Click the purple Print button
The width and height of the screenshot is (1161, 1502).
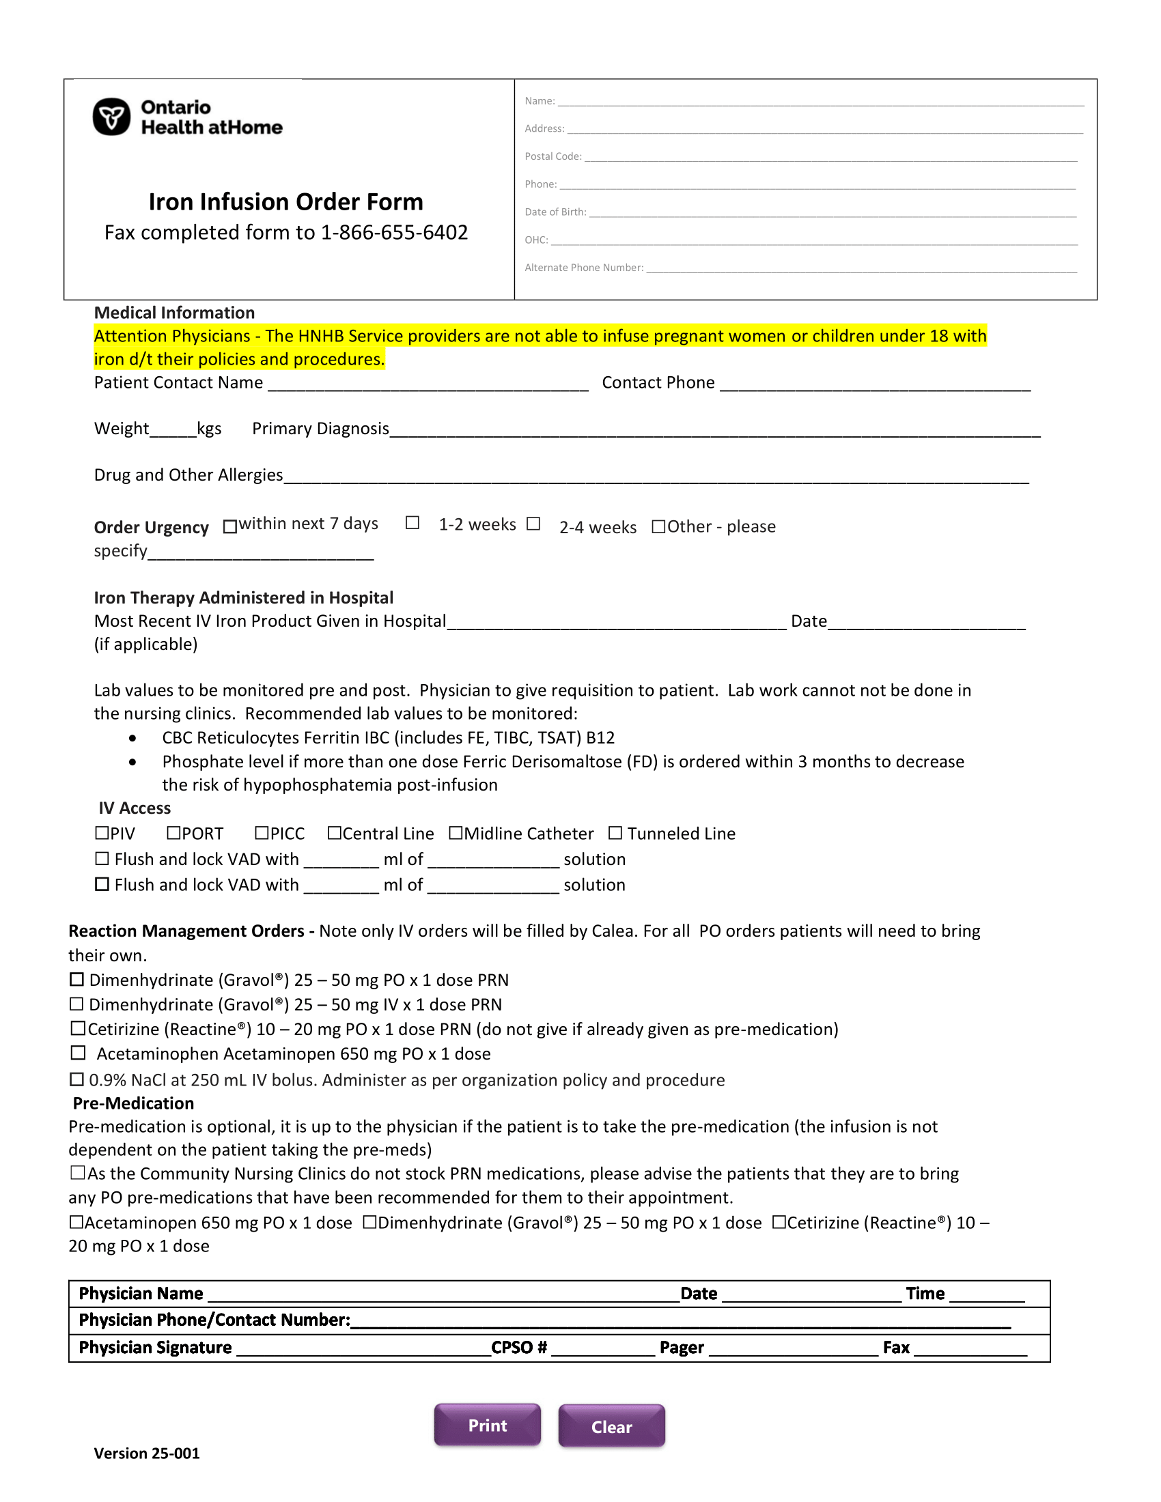[487, 1425]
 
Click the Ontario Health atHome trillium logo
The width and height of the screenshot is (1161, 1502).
[111, 117]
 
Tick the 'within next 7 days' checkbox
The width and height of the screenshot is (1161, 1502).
[230, 527]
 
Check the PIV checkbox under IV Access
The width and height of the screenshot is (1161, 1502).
[102, 833]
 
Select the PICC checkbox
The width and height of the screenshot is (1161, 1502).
[262, 833]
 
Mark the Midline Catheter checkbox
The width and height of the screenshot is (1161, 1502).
[456, 833]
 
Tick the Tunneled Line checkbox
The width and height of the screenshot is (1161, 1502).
[615, 833]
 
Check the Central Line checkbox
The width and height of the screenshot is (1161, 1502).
[334, 833]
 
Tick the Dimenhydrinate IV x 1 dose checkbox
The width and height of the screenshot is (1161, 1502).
[77, 1004]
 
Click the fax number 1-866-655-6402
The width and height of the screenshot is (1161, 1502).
[394, 232]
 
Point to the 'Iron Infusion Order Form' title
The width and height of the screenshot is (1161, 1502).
[286, 201]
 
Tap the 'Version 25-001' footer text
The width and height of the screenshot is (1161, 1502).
[147, 1453]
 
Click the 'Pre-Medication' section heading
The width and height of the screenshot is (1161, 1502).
[133, 1103]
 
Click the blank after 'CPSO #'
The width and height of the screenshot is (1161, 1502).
[602, 1348]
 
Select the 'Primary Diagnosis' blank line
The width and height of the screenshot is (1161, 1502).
[715, 431]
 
